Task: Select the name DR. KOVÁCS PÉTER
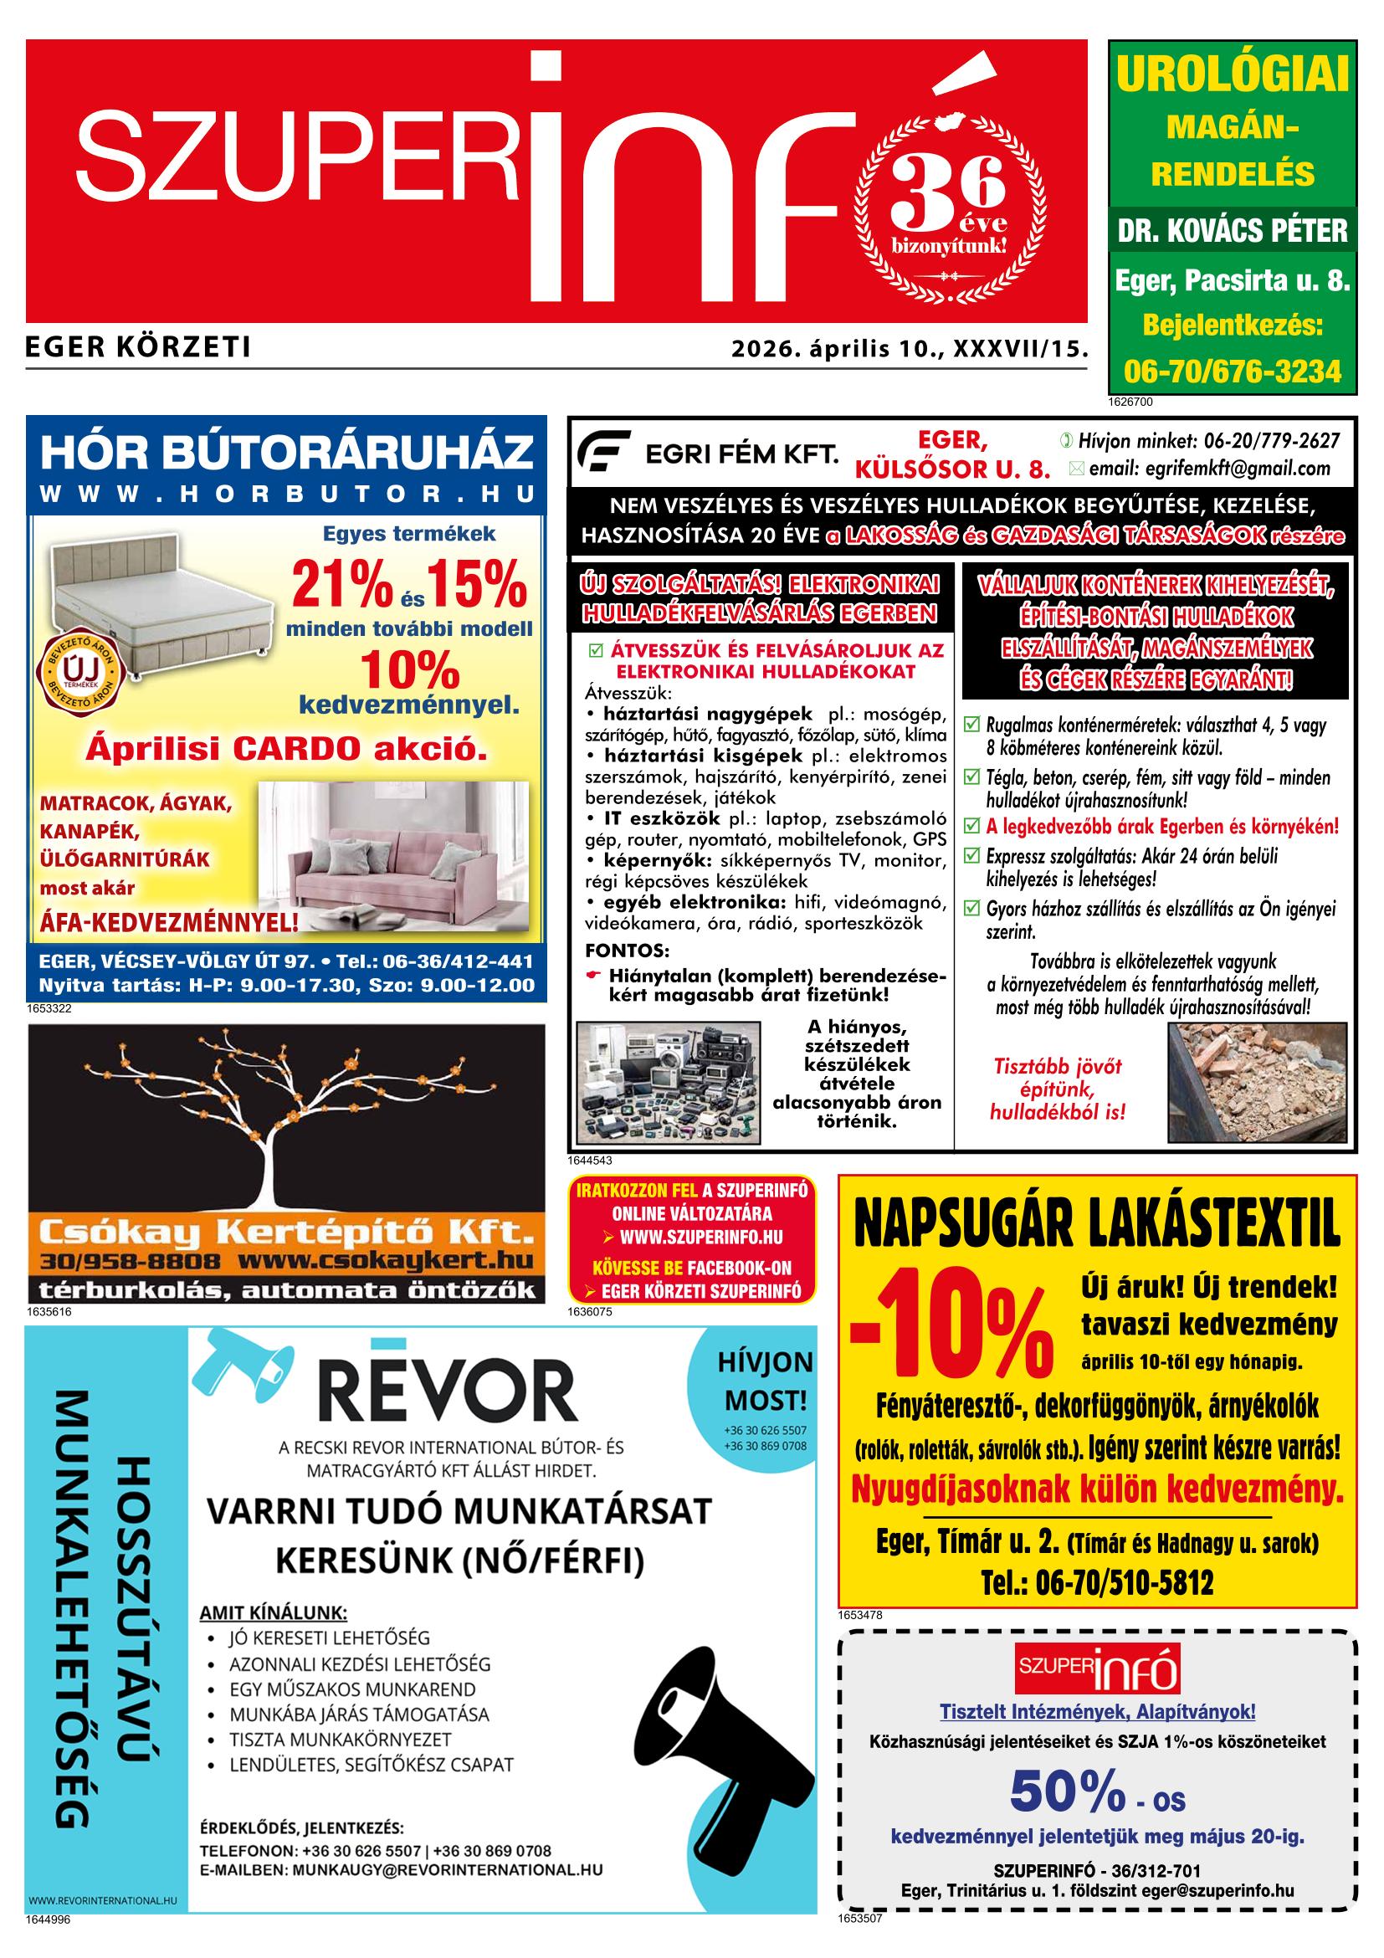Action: (x=1233, y=230)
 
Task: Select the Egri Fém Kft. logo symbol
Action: (x=604, y=452)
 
